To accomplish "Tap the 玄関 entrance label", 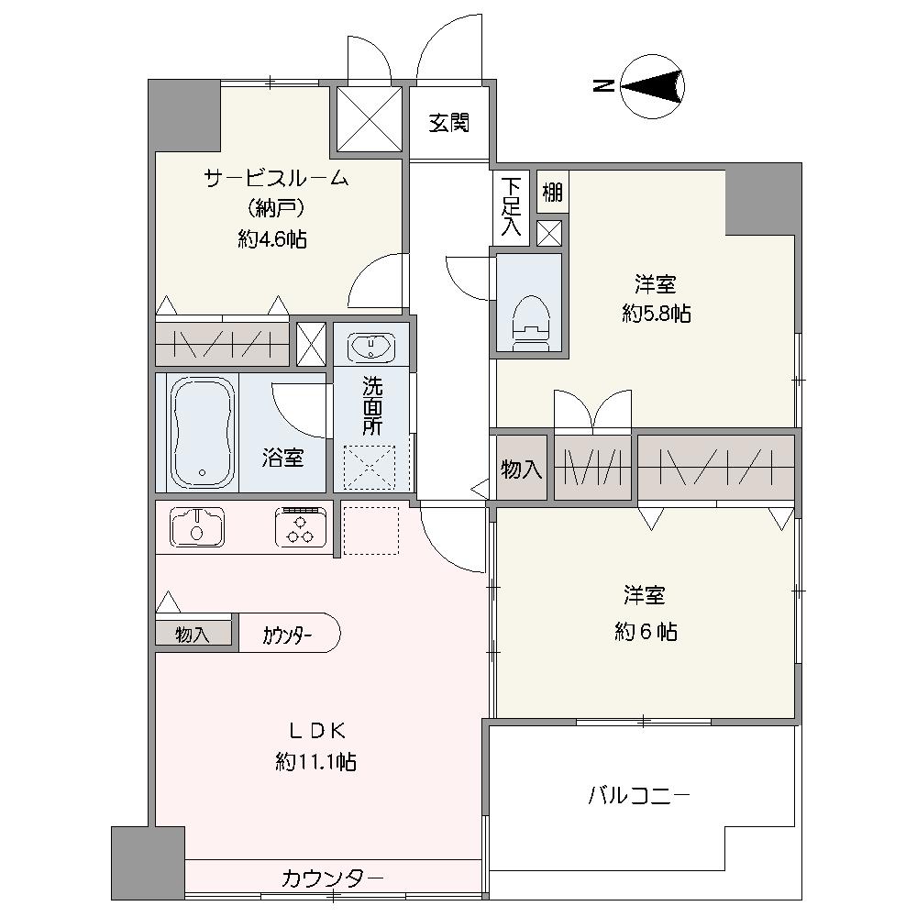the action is click(449, 123).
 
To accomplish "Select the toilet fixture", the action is click(531, 323).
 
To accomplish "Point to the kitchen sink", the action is click(197, 526).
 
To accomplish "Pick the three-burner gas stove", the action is click(301, 526).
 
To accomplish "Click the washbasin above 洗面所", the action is click(370, 348).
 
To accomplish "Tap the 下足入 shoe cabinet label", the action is click(511, 207).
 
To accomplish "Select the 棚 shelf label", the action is click(552, 192).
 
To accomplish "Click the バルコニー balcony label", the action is click(639, 795).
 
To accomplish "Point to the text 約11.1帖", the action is click(315, 762).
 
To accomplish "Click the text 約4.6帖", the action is click(272, 239).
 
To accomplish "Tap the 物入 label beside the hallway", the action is click(521, 469).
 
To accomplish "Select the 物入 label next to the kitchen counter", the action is click(193, 635).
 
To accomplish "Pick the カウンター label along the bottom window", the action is click(332, 878).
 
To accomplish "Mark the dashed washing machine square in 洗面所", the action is click(370, 467).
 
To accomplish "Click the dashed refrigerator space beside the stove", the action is click(370, 530).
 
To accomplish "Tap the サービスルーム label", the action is click(276, 177).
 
